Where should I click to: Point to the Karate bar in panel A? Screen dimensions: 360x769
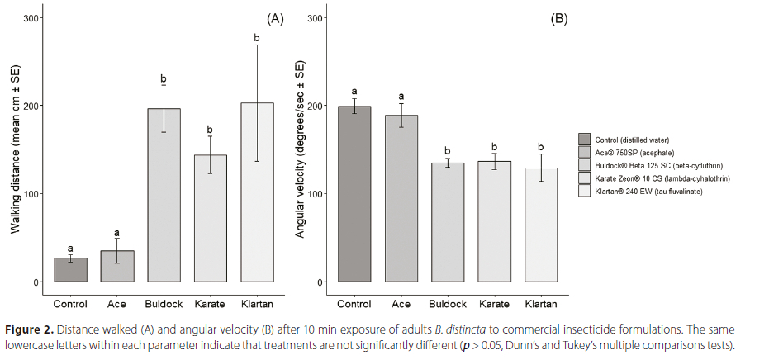pyautogui.click(x=210, y=218)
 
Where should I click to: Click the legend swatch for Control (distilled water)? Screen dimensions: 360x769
pyautogui.click(x=585, y=140)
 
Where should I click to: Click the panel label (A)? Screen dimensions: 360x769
pyautogui.click(x=274, y=18)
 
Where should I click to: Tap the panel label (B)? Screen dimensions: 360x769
pyautogui.click(x=559, y=18)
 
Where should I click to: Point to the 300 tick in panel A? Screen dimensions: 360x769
pyautogui.click(x=28, y=18)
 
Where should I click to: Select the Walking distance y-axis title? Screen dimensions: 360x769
pyautogui.click(x=15, y=150)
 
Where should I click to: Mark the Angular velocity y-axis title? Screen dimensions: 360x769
pyautogui.click(x=300, y=150)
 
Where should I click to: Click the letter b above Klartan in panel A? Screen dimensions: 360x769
pyautogui.click(x=256, y=38)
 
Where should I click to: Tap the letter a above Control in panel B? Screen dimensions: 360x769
pyautogui.click(x=354, y=92)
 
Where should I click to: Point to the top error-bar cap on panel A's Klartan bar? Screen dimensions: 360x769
pyautogui.click(x=256, y=45)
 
